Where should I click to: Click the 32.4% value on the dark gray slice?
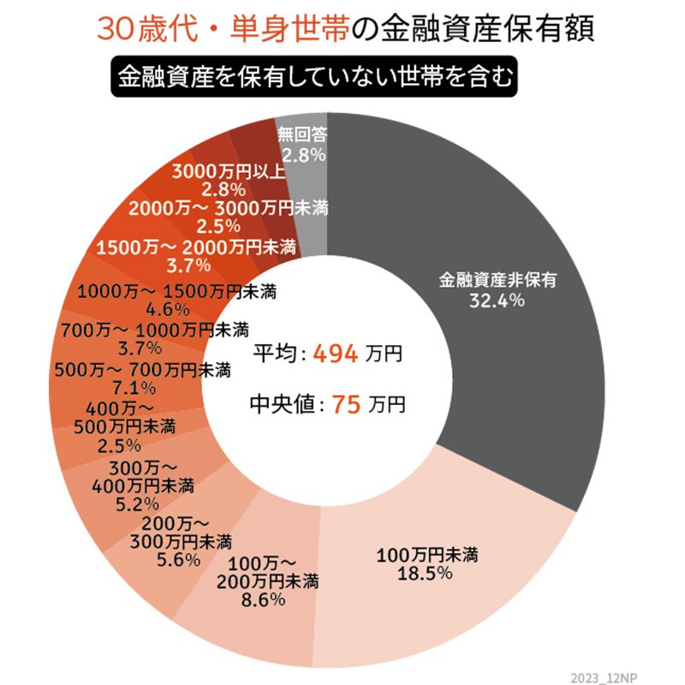coord(497,301)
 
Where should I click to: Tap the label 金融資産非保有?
coord(497,280)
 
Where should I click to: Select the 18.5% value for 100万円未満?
coord(426,574)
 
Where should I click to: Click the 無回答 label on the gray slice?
coord(301,134)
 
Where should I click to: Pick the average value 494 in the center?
coord(335,353)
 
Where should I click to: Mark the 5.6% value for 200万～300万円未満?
coord(179,560)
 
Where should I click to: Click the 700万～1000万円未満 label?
coord(154,330)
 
